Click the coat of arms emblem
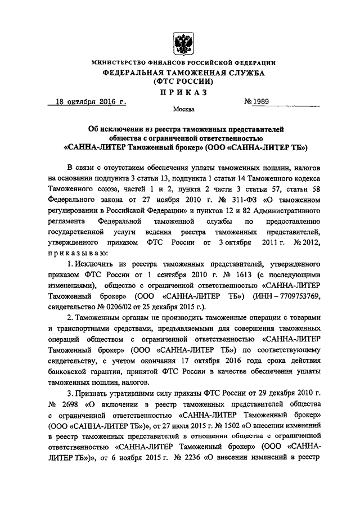(x=182, y=42)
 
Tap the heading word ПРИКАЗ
(x=182, y=92)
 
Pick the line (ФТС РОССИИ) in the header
(x=182, y=82)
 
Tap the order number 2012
(x=309, y=242)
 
